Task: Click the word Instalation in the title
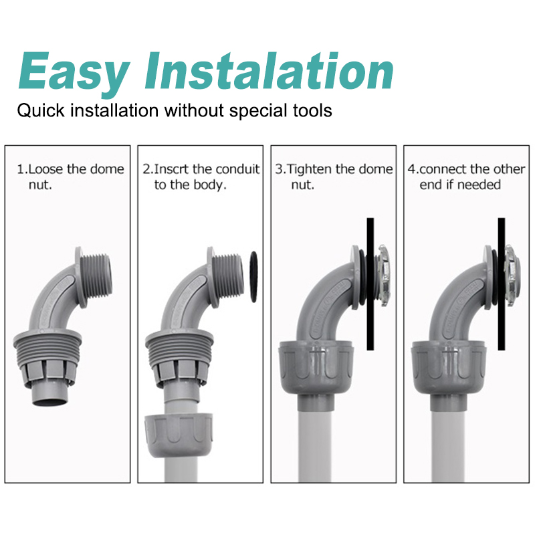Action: tap(269, 71)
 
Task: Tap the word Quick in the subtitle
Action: tap(41, 111)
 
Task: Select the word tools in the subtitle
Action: tap(312, 110)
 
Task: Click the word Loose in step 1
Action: tap(45, 169)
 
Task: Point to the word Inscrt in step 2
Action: tap(172, 169)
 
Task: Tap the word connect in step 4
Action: tap(443, 169)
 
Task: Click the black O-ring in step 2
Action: tap(253, 277)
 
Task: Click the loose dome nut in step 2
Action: tap(179, 434)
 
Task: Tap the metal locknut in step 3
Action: tap(382, 275)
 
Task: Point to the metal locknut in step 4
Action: tap(512, 275)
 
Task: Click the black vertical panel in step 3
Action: tap(370, 284)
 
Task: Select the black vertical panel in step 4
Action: tap(501, 284)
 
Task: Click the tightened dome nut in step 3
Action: tap(316, 368)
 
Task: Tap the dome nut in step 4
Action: tap(448, 368)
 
